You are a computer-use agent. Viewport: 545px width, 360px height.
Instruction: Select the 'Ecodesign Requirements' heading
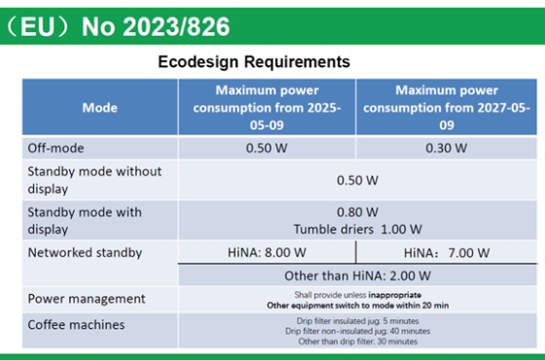(253, 62)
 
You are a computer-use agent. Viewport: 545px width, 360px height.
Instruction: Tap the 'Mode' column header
(100, 107)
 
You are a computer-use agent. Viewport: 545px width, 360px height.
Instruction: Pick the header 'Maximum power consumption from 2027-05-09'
(446, 107)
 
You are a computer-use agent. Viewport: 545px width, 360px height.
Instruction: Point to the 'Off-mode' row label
(56, 148)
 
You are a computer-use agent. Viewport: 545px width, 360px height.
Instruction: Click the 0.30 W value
(446, 148)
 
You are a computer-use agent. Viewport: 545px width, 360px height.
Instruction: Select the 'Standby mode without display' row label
(94, 180)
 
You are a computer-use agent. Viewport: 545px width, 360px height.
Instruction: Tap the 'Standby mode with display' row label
(85, 221)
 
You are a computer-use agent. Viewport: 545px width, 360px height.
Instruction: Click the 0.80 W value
(357, 212)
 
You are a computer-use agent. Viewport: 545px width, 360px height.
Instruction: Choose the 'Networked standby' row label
(85, 253)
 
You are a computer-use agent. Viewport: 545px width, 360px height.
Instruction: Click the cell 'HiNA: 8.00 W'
(266, 253)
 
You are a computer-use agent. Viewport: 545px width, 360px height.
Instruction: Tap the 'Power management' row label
(87, 299)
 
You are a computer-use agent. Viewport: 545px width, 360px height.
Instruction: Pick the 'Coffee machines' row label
(79, 324)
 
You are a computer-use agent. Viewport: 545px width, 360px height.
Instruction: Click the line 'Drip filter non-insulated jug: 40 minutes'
(357, 331)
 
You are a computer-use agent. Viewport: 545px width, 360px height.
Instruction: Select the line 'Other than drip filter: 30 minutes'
(357, 342)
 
